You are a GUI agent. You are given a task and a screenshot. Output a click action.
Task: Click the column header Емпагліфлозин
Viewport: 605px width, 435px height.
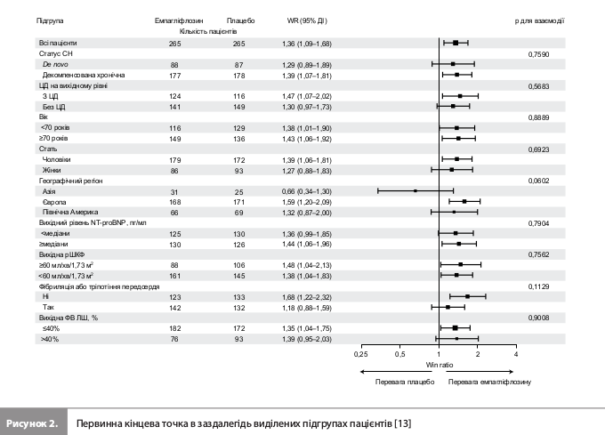pyautogui.click(x=179, y=20)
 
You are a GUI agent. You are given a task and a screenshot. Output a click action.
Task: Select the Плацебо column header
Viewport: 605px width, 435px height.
pyautogui.click(x=240, y=20)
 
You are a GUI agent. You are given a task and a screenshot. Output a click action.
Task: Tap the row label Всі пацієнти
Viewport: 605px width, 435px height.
pyautogui.click(x=58, y=43)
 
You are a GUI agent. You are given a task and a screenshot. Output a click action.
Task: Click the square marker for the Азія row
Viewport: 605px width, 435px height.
pyautogui.click(x=415, y=190)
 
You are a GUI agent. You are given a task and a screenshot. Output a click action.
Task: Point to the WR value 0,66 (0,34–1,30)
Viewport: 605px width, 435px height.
pyautogui.click(x=307, y=191)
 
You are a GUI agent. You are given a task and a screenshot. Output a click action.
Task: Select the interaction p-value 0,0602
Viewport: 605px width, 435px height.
pyautogui.click(x=538, y=181)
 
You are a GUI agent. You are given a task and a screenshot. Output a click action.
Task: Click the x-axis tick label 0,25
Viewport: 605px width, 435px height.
pyautogui.click(x=360, y=354)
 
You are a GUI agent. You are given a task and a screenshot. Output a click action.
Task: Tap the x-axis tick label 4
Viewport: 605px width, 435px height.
pyautogui.click(x=516, y=354)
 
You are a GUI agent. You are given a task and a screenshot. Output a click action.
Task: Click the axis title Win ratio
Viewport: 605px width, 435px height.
pyautogui.click(x=440, y=365)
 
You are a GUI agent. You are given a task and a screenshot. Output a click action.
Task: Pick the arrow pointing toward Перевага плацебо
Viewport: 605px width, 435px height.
pyautogui.click(x=396, y=372)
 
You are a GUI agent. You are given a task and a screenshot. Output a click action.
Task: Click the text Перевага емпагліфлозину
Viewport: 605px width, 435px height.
pyautogui.click(x=489, y=382)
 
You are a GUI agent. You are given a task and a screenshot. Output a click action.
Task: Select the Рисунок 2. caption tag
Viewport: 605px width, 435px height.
pyautogui.click(x=32, y=423)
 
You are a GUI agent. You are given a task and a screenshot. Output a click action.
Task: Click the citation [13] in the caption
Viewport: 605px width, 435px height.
pyautogui.click(x=402, y=423)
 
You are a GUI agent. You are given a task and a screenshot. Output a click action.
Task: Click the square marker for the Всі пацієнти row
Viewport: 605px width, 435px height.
pyautogui.click(x=456, y=43)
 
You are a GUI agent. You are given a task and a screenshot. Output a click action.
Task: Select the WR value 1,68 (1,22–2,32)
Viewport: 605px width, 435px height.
pyautogui.click(x=307, y=297)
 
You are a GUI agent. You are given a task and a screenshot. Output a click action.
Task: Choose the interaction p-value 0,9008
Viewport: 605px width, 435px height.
pyautogui.click(x=538, y=318)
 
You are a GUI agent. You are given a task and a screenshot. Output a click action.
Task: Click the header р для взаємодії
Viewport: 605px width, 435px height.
pyautogui.click(x=539, y=20)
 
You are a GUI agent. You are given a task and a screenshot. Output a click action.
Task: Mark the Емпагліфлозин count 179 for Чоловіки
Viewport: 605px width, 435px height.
pyautogui.click(x=174, y=160)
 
